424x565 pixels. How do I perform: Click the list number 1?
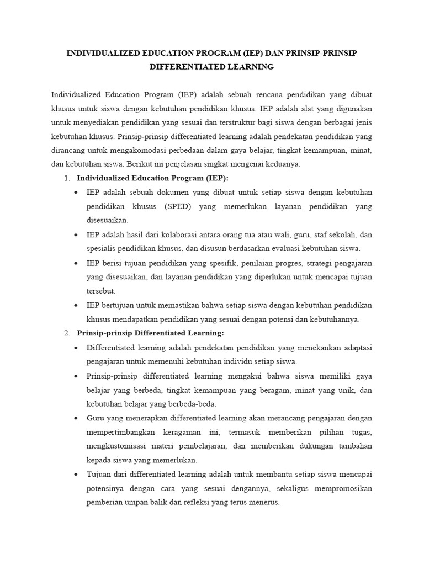pos(66,178)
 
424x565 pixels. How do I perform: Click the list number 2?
pos(66,333)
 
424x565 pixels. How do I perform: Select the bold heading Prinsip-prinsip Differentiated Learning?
pos(150,333)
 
